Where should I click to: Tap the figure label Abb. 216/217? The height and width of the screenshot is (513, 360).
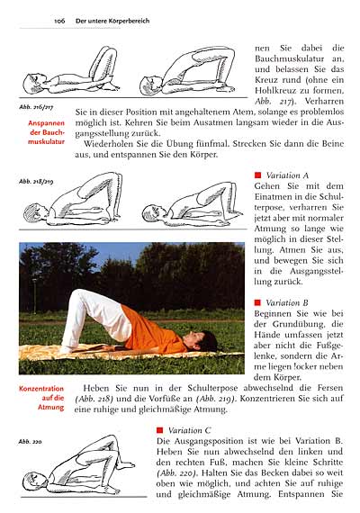pyautogui.click(x=37, y=106)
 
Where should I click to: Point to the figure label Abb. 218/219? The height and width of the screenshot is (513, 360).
pyautogui.click(x=37, y=181)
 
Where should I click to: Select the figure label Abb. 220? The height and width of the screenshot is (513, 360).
pyautogui.click(x=31, y=441)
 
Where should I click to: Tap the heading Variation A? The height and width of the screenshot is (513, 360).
pyautogui.click(x=287, y=175)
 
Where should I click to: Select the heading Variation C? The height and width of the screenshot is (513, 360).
pyautogui.click(x=189, y=430)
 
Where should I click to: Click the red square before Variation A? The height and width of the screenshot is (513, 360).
pyautogui.click(x=257, y=175)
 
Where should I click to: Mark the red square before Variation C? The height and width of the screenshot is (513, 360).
pyautogui.click(x=159, y=430)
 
